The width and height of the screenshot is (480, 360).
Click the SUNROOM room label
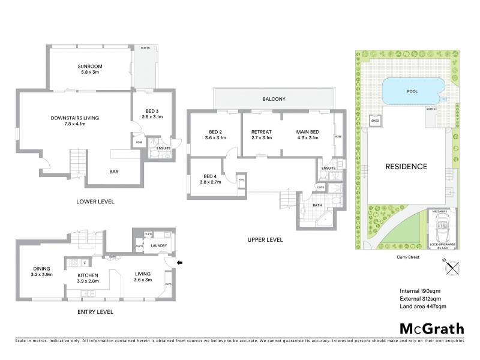point(92,66)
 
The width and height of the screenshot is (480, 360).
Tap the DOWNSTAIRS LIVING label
point(75,118)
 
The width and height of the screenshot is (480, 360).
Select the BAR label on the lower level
point(114,172)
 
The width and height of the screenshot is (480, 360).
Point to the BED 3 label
point(151,111)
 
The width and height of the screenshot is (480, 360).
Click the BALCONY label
point(272,99)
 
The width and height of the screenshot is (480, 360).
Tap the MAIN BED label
point(307,131)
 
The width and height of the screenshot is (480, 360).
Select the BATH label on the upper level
point(317,206)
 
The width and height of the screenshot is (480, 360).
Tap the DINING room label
point(42,268)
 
